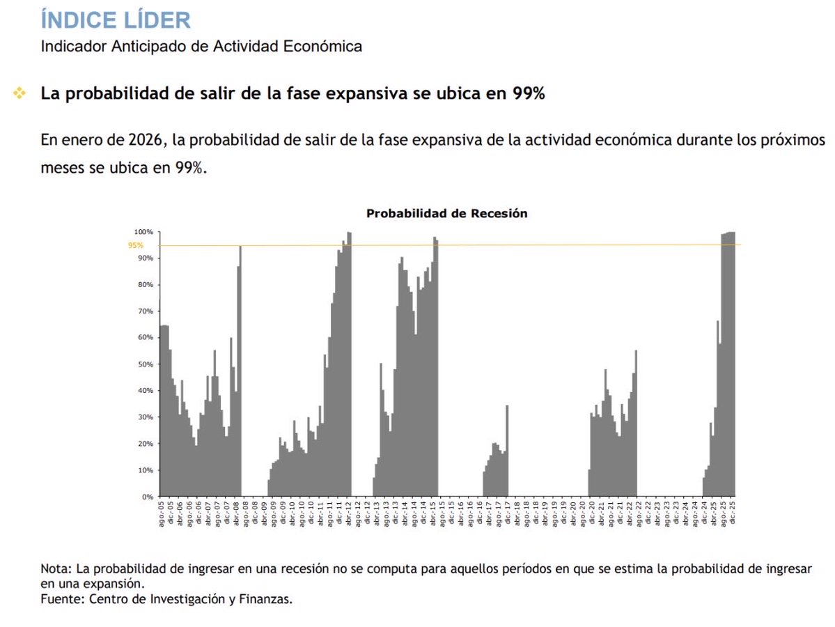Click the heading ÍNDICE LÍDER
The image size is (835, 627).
tap(116, 19)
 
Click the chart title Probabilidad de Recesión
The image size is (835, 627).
tap(446, 214)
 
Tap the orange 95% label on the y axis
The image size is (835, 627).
tap(136, 245)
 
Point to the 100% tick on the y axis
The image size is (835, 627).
tap(143, 232)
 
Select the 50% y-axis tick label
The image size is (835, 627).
tap(145, 364)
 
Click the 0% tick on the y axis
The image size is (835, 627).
tap(148, 497)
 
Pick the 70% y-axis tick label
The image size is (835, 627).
tap(145, 311)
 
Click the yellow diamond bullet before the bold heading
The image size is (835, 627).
tap(19, 93)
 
